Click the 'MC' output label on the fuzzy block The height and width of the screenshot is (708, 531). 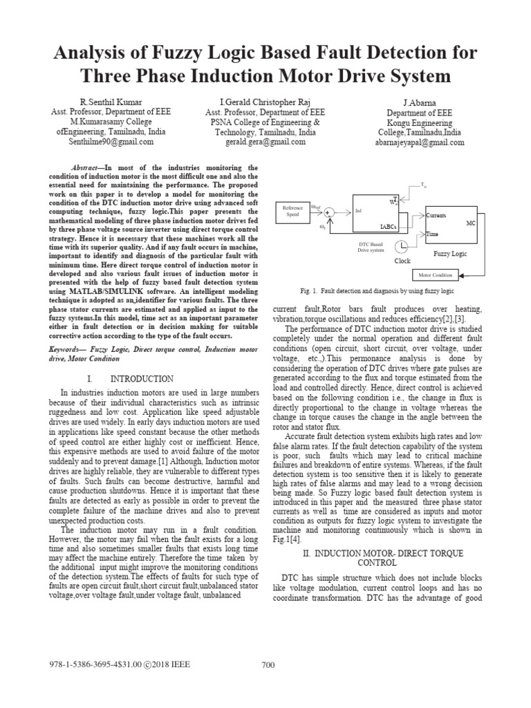click(471, 224)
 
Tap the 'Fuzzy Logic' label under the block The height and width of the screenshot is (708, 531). click(451, 254)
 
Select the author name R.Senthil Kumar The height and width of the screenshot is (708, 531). click(111, 102)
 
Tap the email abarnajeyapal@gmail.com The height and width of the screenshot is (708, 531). click(420, 142)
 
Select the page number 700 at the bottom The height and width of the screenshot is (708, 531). click(268, 665)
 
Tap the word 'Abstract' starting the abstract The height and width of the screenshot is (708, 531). click(88, 168)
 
